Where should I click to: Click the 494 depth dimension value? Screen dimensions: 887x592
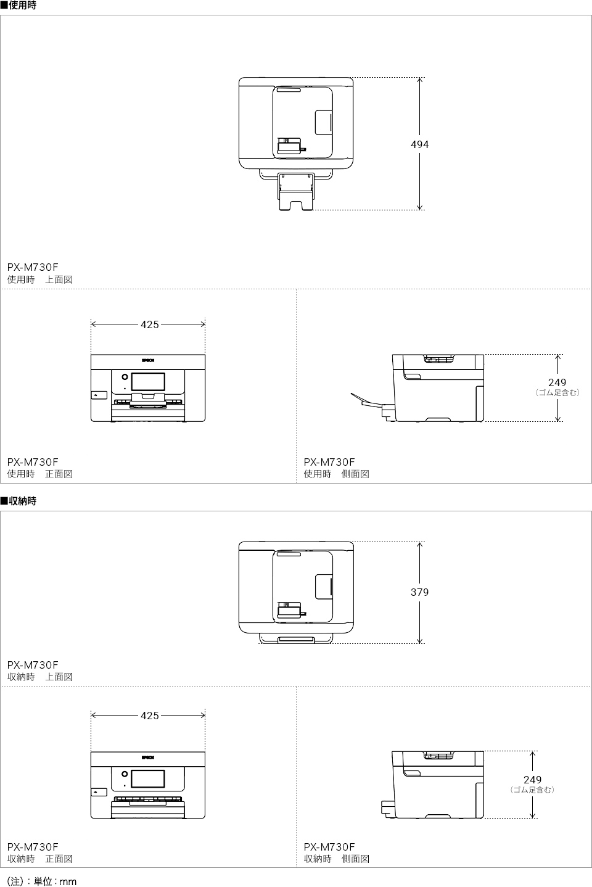[419, 144]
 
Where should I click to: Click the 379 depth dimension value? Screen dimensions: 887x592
[419, 592]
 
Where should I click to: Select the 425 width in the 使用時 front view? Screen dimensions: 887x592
[149, 324]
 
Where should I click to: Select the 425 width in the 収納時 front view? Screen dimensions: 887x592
[149, 716]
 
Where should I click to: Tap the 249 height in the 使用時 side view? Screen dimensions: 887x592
[557, 382]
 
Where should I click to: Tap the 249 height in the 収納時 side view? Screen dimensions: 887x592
[532, 780]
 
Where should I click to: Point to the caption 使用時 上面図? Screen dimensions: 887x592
[40, 279]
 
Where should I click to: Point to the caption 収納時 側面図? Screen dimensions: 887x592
[336, 859]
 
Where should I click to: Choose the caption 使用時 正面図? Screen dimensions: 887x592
[40, 474]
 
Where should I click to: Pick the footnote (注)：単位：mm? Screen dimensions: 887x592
[42, 881]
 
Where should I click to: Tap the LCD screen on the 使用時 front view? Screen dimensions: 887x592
[148, 381]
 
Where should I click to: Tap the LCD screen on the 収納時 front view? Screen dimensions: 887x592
[148, 778]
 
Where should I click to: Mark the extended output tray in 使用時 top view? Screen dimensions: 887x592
[295, 191]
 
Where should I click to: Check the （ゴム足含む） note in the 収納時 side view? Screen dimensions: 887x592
[532, 790]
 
